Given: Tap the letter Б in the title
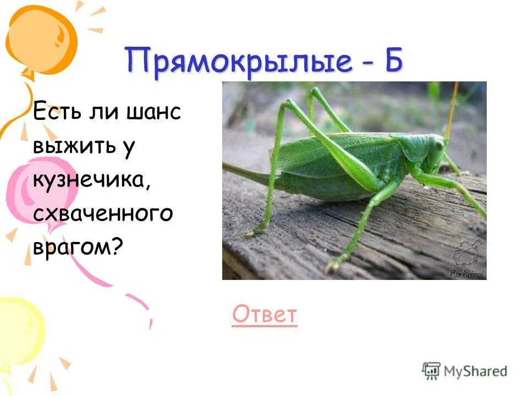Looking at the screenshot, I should pos(393,61).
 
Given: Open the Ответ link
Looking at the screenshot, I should pos(265,315).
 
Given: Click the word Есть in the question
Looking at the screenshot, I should pos(57,112).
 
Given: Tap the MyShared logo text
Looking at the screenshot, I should pos(476,371).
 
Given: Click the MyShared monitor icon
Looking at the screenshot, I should pos(432,371).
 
